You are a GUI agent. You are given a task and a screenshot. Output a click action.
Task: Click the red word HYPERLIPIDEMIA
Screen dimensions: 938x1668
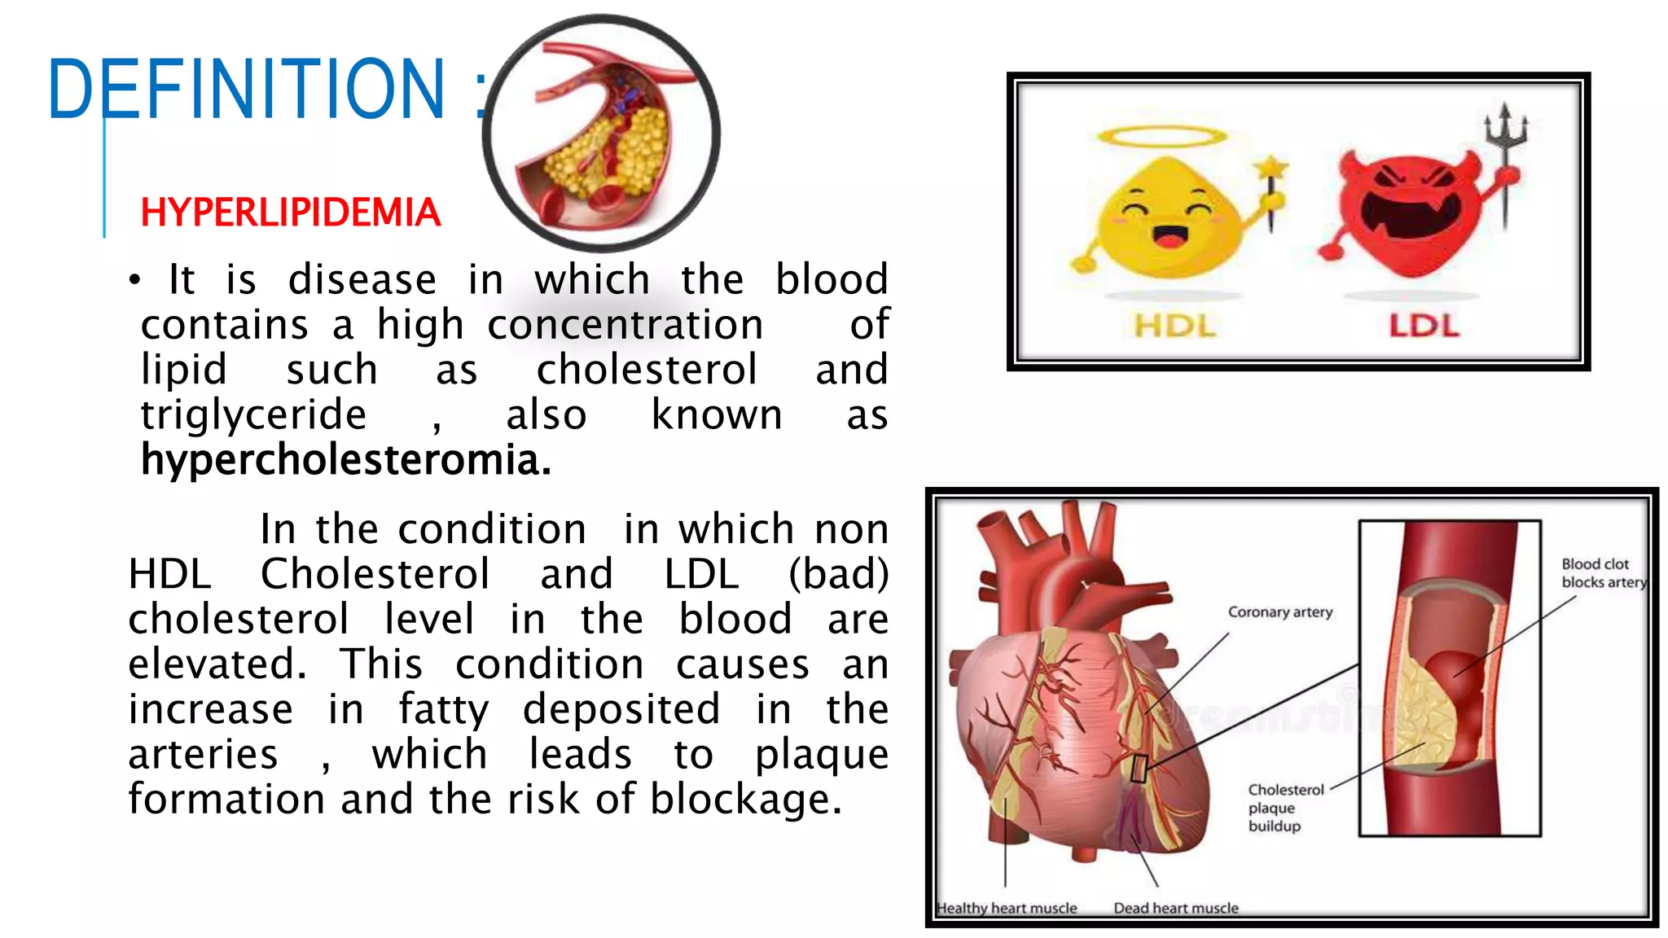point(290,213)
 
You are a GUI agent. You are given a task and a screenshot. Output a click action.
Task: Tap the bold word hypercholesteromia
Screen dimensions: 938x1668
point(345,460)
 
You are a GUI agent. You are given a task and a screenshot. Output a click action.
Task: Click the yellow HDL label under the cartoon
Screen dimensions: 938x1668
point(1174,327)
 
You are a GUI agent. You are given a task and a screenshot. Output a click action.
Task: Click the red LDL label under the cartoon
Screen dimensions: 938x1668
point(1424,327)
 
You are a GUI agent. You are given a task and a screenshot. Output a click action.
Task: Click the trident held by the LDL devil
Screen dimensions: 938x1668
point(1505,155)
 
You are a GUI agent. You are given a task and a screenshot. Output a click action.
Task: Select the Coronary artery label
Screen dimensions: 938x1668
point(1280,612)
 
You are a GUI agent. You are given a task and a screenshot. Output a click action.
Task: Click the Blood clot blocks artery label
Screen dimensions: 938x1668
point(1602,573)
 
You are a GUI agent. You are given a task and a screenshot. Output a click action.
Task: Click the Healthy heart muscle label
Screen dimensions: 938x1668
point(1007,908)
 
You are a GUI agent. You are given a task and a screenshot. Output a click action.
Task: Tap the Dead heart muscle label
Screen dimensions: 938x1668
point(1175,908)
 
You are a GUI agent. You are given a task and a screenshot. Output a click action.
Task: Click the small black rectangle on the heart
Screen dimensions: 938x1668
point(1140,768)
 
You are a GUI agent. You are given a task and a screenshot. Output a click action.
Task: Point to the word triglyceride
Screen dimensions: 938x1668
point(253,415)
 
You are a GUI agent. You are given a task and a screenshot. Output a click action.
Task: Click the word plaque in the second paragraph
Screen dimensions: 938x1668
point(821,755)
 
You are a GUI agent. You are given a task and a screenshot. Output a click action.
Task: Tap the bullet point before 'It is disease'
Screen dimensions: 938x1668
point(134,281)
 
